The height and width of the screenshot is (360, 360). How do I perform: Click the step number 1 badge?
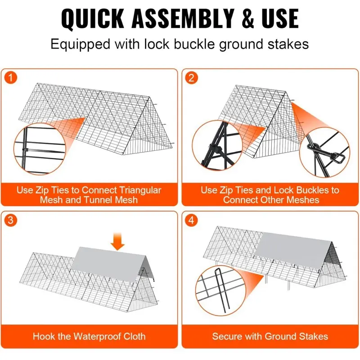tap(10, 78)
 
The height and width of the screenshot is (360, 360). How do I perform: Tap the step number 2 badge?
tap(191, 78)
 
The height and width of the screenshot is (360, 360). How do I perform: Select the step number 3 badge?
tap(10, 220)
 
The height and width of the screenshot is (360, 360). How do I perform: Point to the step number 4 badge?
tap(191, 220)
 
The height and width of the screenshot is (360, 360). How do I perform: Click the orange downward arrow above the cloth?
tap(117, 241)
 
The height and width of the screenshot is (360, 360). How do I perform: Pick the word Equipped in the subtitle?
tap(81, 44)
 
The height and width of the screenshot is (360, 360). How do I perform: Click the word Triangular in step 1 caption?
tap(140, 190)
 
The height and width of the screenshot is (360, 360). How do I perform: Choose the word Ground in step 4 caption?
tap(279, 336)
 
